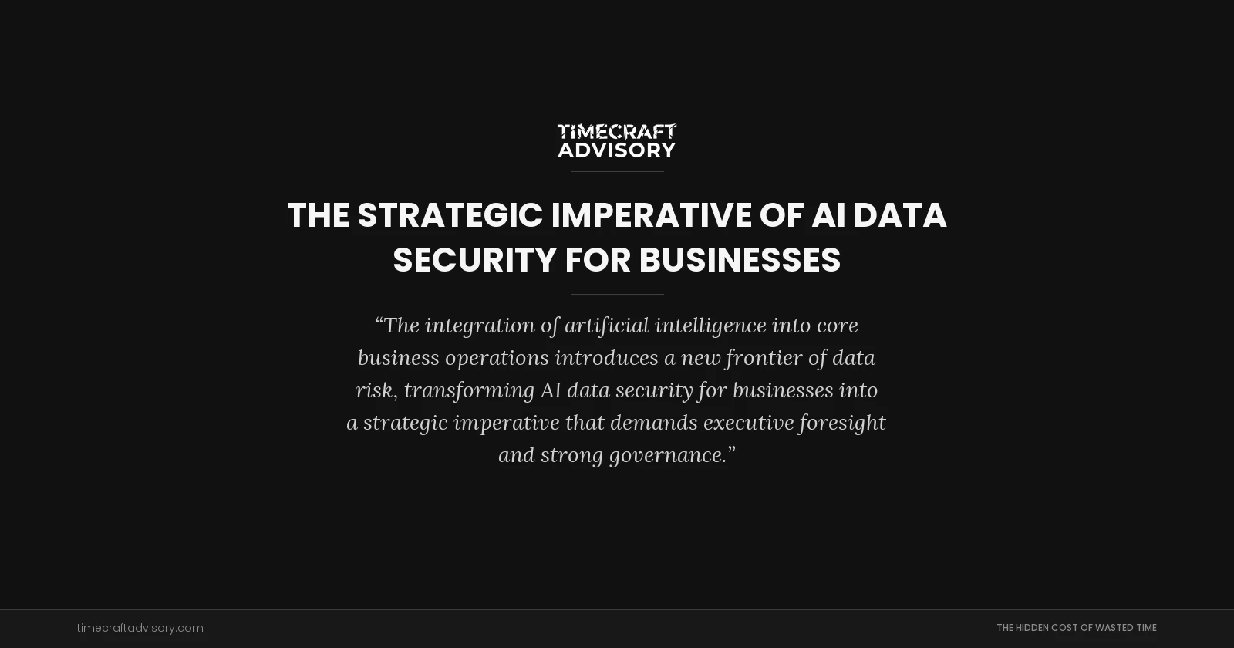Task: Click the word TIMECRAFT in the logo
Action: coord(617,131)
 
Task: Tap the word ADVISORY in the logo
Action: coord(617,150)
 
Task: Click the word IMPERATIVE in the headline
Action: coord(651,215)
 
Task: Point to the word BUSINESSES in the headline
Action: coord(740,260)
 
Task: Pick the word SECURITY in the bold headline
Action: coord(474,260)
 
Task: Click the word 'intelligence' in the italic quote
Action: coord(710,326)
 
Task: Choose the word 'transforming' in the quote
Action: coord(469,390)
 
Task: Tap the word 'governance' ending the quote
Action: coord(668,455)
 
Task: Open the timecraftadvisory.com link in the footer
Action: coord(140,628)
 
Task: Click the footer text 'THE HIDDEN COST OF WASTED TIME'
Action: coord(1076,628)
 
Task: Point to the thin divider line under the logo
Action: coord(617,171)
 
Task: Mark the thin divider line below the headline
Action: coord(617,294)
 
